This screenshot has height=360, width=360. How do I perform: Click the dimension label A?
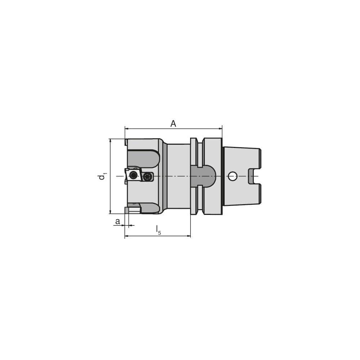(173, 124)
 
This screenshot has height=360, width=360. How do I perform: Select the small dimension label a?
(117, 221)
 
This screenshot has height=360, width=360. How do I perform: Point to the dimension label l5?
(158, 230)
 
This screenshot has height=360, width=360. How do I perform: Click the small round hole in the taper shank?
(233, 176)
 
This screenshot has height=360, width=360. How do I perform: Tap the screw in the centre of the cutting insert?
(134, 175)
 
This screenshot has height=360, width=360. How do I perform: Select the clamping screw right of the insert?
(147, 176)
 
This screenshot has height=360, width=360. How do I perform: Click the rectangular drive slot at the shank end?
(255, 176)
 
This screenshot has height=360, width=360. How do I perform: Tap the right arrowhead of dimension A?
(220, 128)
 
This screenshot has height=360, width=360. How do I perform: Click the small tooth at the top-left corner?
(126, 142)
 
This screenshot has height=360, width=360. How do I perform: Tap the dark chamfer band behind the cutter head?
(165, 176)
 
